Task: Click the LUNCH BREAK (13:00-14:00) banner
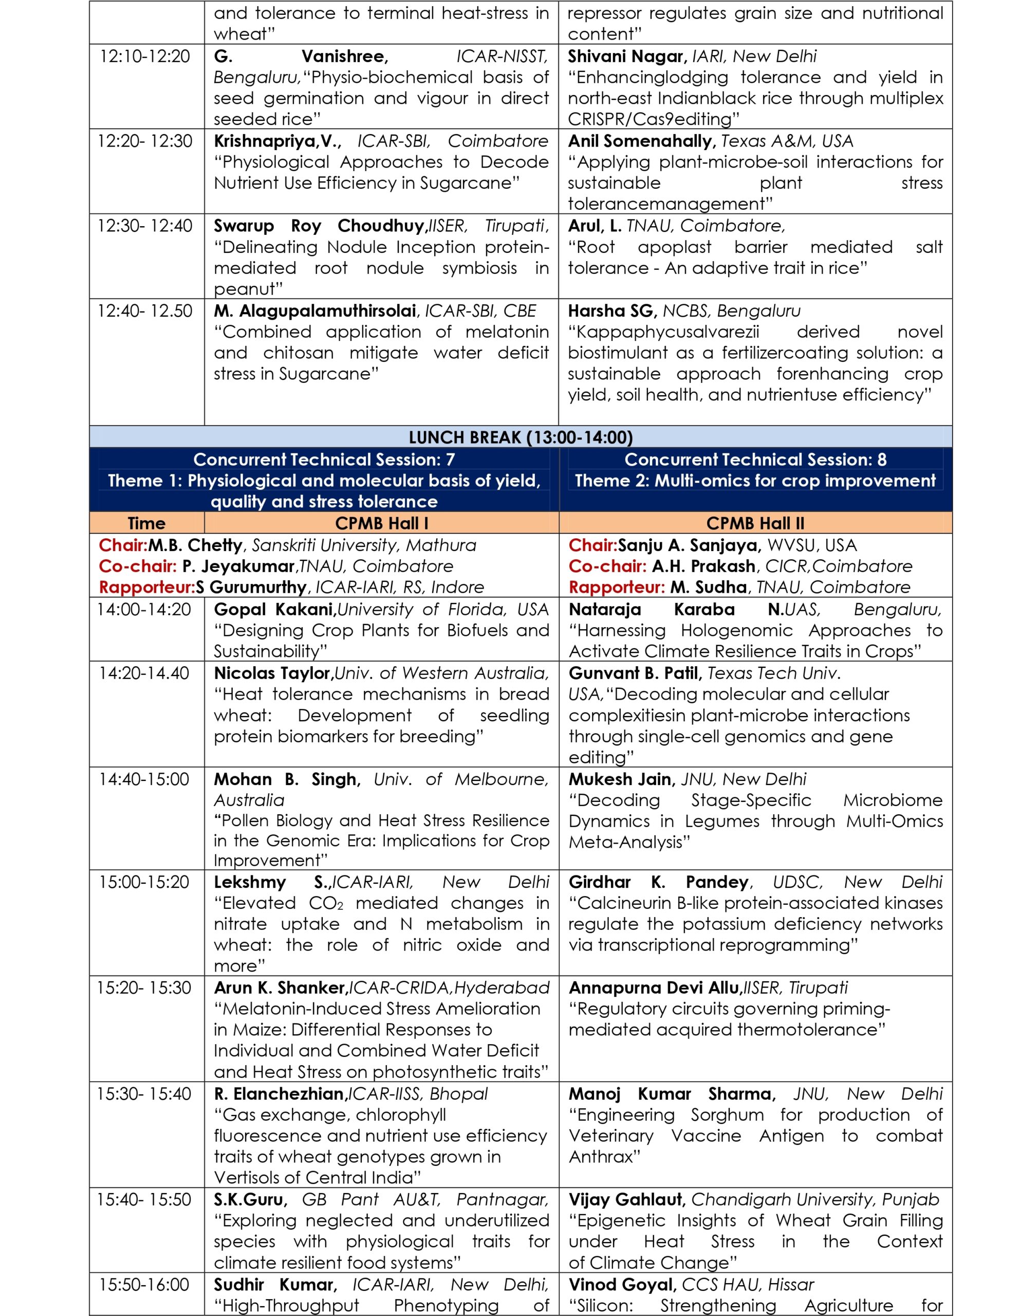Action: point(521,437)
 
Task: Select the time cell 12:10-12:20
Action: point(144,57)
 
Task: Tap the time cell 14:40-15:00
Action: point(144,779)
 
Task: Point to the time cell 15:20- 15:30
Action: point(144,988)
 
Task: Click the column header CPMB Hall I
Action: point(381,523)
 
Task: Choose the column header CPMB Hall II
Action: point(755,523)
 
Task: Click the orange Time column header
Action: point(146,523)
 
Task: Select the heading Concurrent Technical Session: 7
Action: point(324,460)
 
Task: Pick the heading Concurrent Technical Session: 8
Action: point(755,460)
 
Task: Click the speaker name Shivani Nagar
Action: point(626,57)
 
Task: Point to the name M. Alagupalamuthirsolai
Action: point(316,311)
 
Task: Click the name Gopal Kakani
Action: point(275,609)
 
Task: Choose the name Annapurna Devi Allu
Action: point(654,988)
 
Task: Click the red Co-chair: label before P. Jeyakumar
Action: point(137,566)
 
